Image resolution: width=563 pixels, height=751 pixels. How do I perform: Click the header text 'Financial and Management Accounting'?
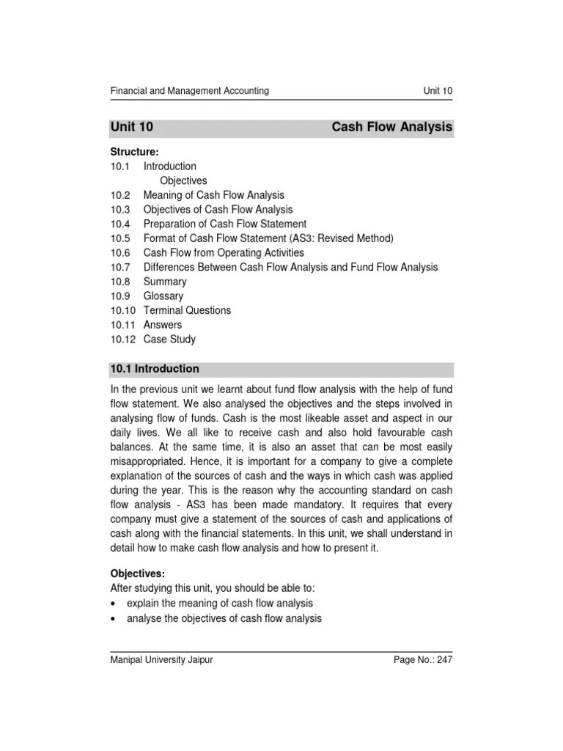189,91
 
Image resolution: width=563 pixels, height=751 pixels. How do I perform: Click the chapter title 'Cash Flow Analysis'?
392,128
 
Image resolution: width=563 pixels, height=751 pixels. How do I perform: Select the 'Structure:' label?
134,152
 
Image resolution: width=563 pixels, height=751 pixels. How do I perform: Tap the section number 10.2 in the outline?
120,195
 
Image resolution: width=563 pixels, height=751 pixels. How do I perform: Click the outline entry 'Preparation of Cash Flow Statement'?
224,224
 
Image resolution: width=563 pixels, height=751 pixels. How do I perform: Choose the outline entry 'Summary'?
165,282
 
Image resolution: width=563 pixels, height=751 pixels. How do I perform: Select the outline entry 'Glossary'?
163,296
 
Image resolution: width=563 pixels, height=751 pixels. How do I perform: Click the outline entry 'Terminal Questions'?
187,310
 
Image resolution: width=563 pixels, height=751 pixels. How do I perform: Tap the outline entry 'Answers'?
163,324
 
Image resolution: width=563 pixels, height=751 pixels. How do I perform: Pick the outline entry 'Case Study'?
169,339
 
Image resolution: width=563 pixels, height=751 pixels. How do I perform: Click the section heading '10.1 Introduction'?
155,369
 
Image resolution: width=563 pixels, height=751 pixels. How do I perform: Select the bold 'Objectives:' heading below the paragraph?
137,574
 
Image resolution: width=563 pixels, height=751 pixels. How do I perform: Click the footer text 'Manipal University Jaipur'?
161,660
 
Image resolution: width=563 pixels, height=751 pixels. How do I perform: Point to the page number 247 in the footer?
444,660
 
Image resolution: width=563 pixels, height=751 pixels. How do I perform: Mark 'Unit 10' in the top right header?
438,91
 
